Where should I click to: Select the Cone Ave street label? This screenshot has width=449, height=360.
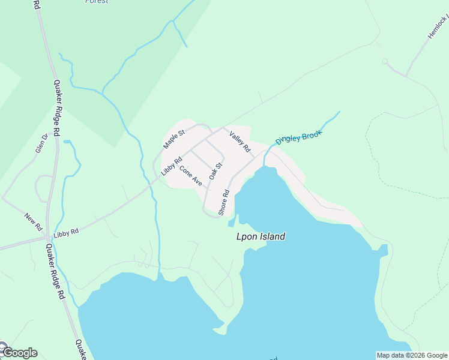pyautogui.click(x=190, y=176)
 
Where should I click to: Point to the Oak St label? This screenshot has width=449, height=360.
pyautogui.click(x=215, y=171)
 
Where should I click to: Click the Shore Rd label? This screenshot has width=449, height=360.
pyautogui.click(x=224, y=203)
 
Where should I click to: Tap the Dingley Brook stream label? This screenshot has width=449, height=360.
pyautogui.click(x=299, y=137)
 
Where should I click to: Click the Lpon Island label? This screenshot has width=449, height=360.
pyautogui.click(x=261, y=237)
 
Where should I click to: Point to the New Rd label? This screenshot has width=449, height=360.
pyautogui.click(x=33, y=222)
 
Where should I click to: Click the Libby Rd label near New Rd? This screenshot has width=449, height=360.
pyautogui.click(x=66, y=232)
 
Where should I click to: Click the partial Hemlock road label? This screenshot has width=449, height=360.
pyautogui.click(x=438, y=28)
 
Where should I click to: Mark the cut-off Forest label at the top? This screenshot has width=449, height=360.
pyautogui.click(x=97, y=2)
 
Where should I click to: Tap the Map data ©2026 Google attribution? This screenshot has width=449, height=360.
pyautogui.click(x=412, y=355)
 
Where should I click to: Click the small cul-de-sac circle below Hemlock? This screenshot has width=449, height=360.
pyautogui.click(x=385, y=61)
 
